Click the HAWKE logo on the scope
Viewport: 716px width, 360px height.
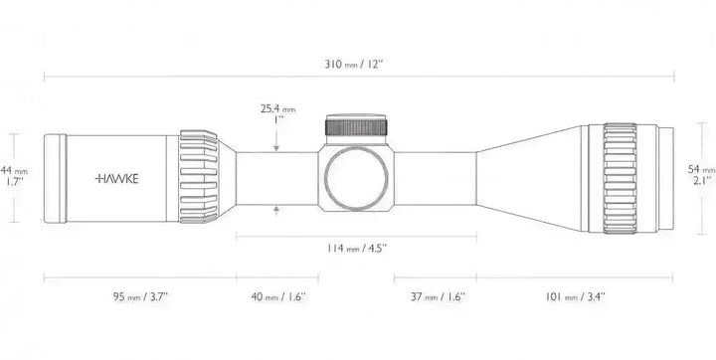pos(116,179)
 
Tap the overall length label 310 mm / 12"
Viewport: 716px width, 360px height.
pos(354,64)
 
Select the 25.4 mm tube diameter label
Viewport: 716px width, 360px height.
pos(278,109)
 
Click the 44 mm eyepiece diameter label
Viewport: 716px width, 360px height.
pos(14,171)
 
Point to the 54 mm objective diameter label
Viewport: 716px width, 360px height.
pos(702,169)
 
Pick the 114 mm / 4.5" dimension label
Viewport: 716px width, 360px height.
pos(357,249)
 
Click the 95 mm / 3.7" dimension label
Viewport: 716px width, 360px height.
pos(140,297)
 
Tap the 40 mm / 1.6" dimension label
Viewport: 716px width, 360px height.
pos(278,297)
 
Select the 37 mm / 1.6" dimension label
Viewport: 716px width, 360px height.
pos(438,297)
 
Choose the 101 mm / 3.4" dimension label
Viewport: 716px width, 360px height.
pos(576,297)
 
